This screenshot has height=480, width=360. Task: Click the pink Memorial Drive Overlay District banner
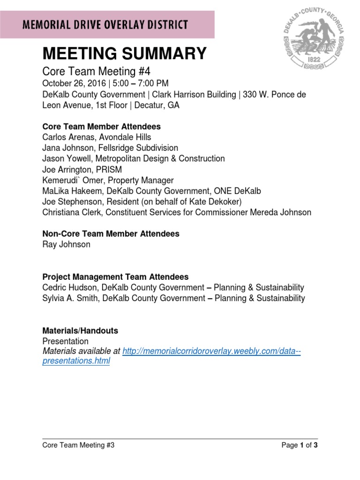coord(107,25)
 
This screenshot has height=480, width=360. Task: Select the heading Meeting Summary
coord(124,54)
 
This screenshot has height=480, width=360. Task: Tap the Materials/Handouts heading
coord(80,331)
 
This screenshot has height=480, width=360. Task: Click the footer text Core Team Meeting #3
coord(78,445)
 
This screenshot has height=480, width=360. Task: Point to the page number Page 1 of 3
coord(300,445)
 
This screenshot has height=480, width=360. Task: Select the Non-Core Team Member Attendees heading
coord(111,234)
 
